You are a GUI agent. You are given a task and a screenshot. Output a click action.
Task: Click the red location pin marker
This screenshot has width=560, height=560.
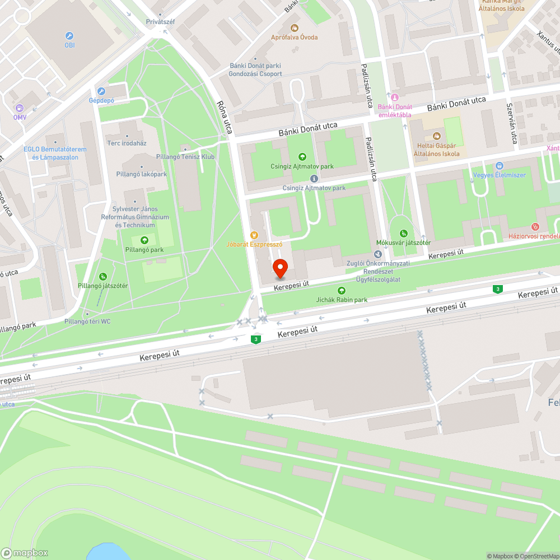[x=280, y=269]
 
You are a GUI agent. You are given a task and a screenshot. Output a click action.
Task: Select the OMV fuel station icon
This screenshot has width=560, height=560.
[x=20, y=108]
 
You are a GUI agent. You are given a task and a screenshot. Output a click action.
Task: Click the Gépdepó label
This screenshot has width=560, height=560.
[x=101, y=100]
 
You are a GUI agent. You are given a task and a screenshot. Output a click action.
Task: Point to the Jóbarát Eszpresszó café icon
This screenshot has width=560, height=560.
[x=254, y=235]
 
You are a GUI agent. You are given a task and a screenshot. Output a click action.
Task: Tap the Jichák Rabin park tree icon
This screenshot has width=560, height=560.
[x=342, y=290]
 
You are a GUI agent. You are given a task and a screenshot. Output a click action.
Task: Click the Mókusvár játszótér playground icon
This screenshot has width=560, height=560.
[x=403, y=233]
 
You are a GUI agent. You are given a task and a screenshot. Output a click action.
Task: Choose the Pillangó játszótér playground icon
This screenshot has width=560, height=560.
[x=103, y=277]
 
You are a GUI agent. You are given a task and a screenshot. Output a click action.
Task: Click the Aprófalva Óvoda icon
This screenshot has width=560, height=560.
[x=295, y=27]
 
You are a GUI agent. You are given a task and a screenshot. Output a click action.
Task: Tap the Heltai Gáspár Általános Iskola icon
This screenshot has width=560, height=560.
[x=436, y=136]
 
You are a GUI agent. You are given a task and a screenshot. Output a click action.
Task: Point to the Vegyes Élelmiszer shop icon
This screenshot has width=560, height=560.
[x=500, y=166]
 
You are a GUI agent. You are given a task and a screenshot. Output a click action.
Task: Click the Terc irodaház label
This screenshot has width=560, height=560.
[x=127, y=143]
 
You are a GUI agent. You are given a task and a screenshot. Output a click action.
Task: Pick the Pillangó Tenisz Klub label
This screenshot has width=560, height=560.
[x=193, y=157]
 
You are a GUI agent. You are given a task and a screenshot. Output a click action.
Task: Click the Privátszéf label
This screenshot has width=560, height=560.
[x=160, y=21]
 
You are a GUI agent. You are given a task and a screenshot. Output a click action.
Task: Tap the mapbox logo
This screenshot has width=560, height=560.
[x=25, y=553]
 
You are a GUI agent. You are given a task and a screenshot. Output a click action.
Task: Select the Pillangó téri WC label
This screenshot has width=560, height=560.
[x=87, y=321]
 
